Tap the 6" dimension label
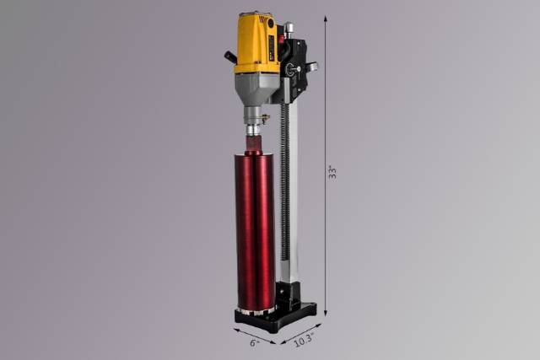[x=254, y=343]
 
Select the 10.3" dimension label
[x=304, y=340]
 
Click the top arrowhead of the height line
[x=325, y=19]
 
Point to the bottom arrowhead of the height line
[x=325, y=312]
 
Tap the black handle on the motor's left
[x=229, y=56]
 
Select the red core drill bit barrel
[x=255, y=231]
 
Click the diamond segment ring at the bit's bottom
[x=256, y=310]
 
